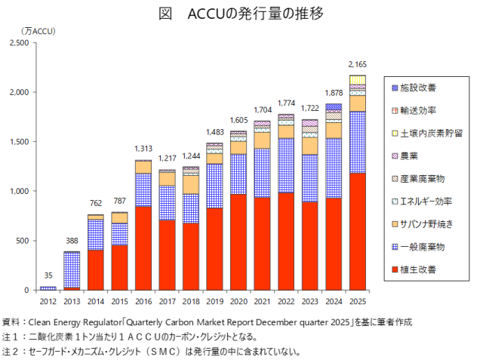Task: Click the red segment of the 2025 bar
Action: click(357, 231)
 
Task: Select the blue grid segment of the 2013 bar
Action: click(72, 269)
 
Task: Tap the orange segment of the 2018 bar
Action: click(190, 185)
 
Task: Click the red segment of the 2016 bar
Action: click(143, 248)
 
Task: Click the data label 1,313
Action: click(143, 149)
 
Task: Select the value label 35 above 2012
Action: click(48, 276)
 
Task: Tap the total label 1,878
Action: click(334, 94)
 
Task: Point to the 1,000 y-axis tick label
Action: click(17, 191)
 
